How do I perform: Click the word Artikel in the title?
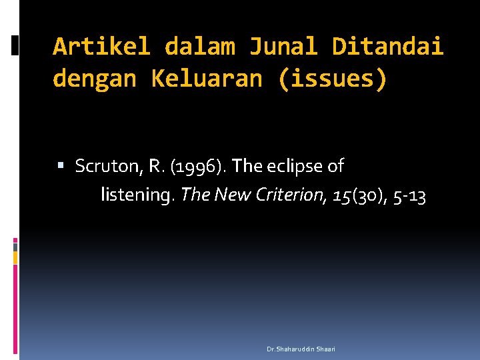click(x=102, y=47)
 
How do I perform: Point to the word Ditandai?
click(x=387, y=47)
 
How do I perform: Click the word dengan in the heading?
click(x=94, y=79)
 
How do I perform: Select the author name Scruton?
click(x=106, y=166)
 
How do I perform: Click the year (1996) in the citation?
click(x=198, y=166)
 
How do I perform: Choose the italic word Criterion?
click(x=289, y=195)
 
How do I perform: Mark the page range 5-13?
click(x=408, y=195)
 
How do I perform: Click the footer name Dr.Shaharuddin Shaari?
click(x=301, y=349)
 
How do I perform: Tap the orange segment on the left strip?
click(x=15, y=257)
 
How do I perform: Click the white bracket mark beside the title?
click(x=15, y=45)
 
